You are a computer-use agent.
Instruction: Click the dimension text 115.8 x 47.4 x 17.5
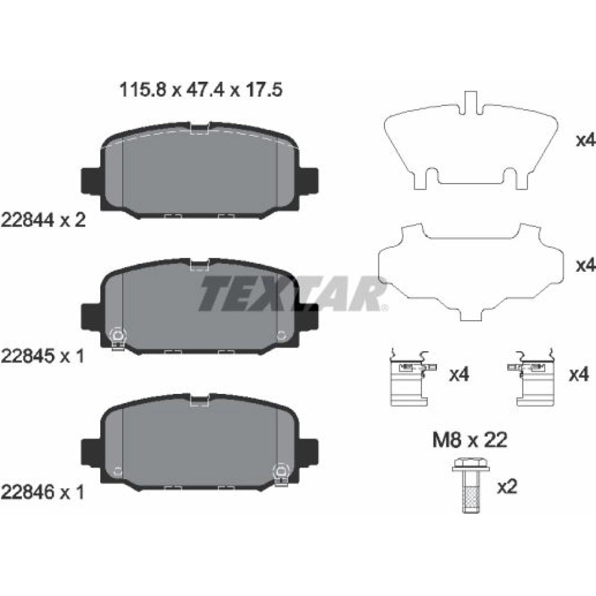[x=201, y=90]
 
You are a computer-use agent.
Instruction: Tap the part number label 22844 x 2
[x=44, y=220]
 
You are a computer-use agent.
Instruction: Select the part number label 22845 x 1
[x=42, y=356]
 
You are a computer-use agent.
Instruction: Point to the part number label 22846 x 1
[x=42, y=492]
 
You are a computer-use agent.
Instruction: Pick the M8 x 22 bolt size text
[x=470, y=440]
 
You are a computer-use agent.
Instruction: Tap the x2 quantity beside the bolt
[x=507, y=486]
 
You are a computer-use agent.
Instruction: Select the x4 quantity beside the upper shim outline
[x=586, y=141]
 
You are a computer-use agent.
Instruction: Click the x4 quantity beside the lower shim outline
[x=586, y=265]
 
